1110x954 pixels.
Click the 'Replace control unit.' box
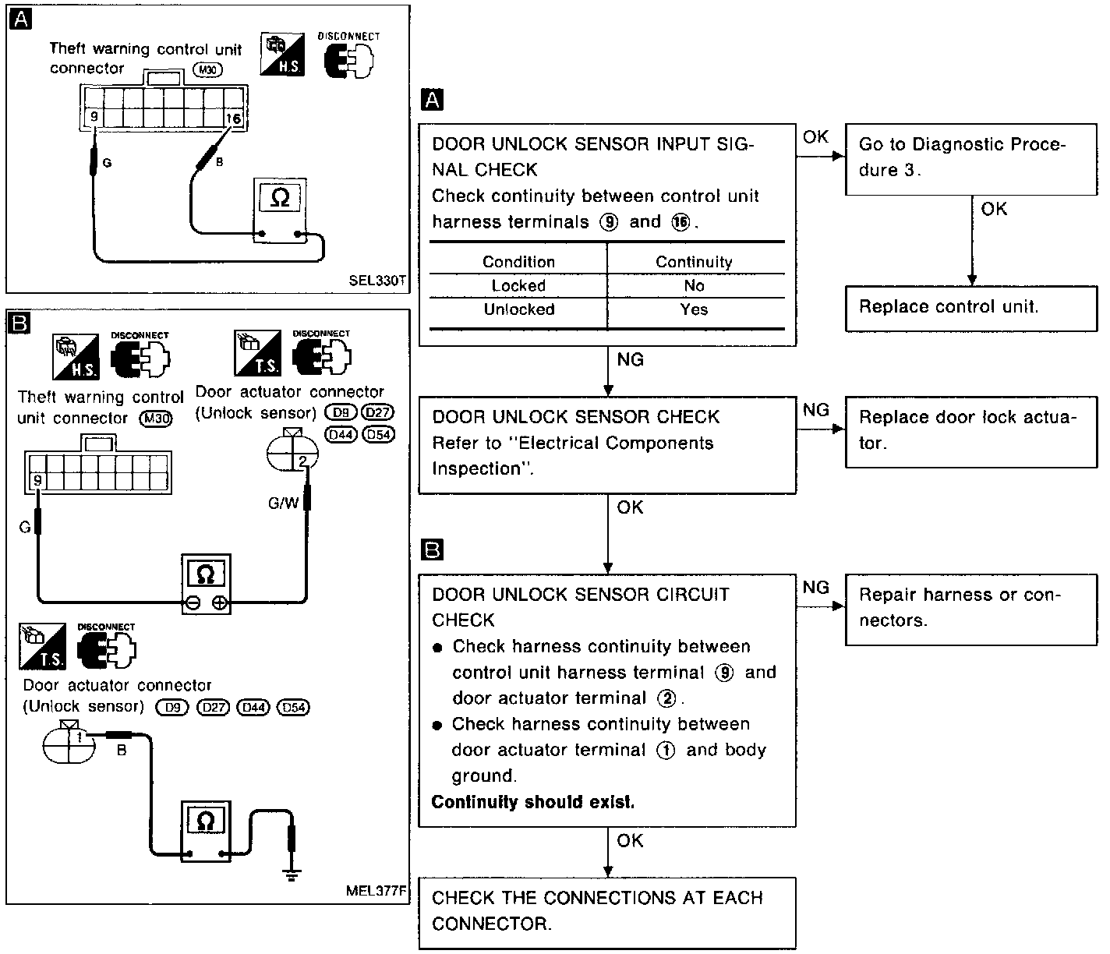click(970, 307)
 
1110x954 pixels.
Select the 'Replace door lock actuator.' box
click(970, 430)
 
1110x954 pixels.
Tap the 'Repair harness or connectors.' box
click(970, 608)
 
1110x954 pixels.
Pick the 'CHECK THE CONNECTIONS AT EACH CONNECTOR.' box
click(606, 911)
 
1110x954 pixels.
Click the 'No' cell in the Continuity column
click(694, 286)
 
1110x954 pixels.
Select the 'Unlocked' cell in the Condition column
click(518, 309)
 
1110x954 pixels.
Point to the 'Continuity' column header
click(694, 262)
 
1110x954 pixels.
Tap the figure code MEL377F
click(377, 891)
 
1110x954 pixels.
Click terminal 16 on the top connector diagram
click(233, 118)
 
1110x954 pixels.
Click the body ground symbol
click(292, 875)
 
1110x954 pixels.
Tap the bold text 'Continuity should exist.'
click(533, 802)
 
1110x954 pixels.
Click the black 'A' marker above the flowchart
click(431, 100)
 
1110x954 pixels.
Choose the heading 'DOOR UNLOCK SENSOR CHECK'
click(576, 417)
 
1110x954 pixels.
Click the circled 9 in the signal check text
click(609, 222)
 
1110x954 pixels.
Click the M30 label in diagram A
click(208, 69)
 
